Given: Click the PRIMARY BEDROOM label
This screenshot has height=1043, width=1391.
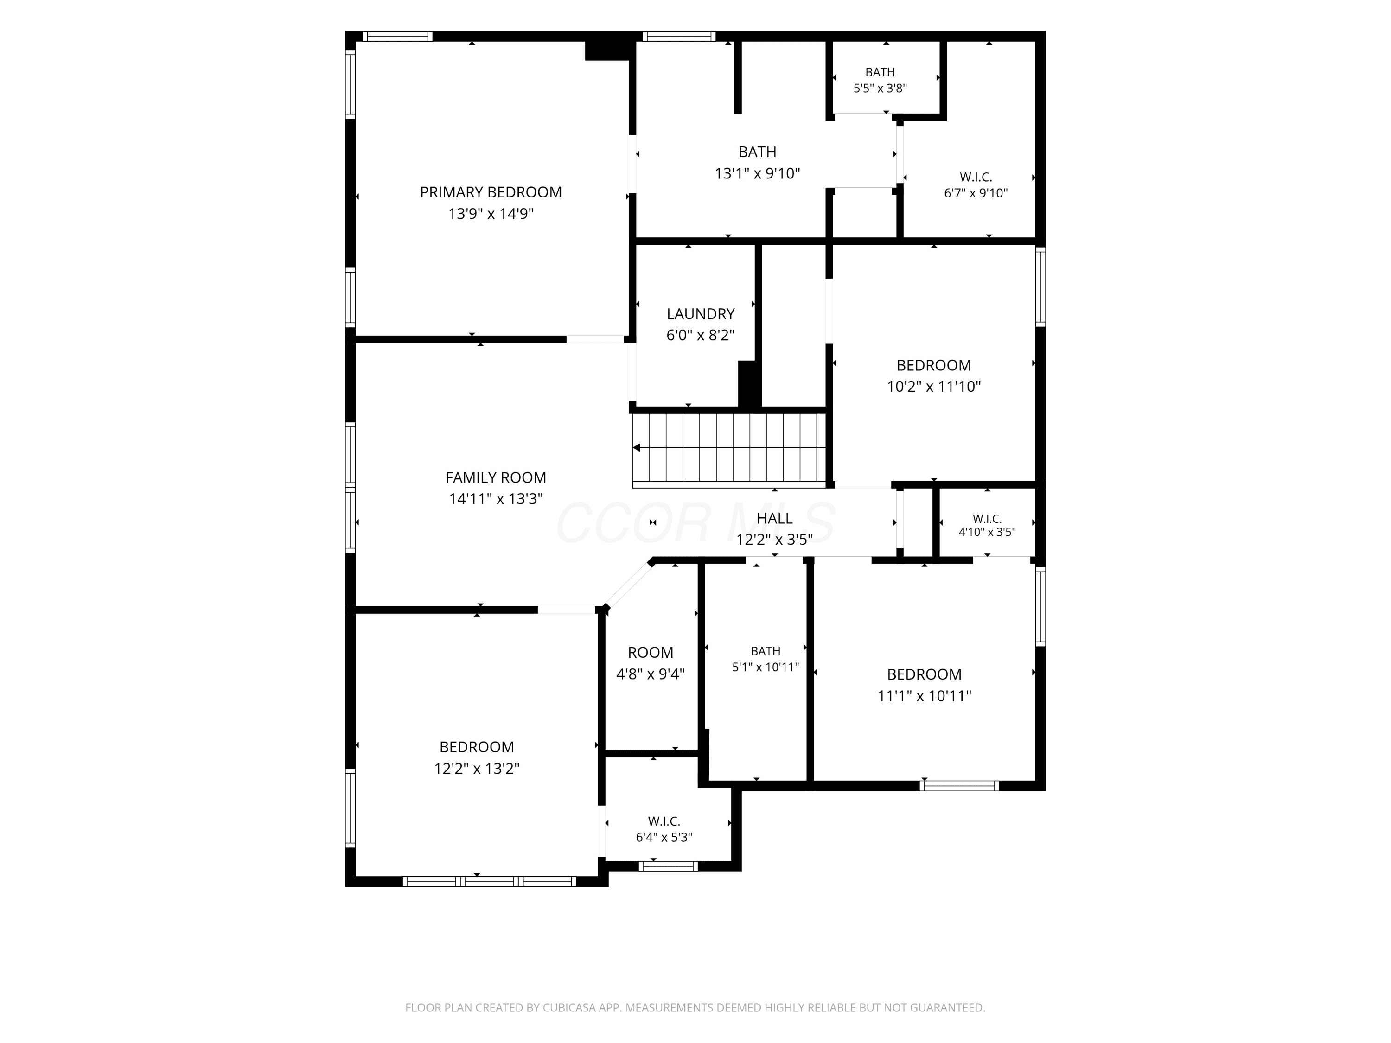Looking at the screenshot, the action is pyautogui.click(x=491, y=192).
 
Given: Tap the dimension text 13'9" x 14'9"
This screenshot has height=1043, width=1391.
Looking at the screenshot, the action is pyautogui.click(x=491, y=214).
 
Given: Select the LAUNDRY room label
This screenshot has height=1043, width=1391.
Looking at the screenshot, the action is pyautogui.click(x=701, y=314).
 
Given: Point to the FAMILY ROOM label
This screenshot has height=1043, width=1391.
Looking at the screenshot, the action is pyautogui.click(x=496, y=478).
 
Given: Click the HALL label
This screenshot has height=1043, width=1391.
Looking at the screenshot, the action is pyautogui.click(x=775, y=518).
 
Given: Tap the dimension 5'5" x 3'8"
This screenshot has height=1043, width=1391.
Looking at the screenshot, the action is pyautogui.click(x=880, y=89).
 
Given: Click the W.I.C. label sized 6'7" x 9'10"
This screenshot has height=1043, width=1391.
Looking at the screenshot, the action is pyautogui.click(x=976, y=177).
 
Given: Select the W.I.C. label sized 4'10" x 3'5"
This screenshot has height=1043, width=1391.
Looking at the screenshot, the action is pyautogui.click(x=987, y=519).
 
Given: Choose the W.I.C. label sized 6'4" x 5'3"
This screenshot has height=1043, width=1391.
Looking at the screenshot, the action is pyautogui.click(x=664, y=821).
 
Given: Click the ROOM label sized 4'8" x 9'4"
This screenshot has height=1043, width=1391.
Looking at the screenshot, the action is pyautogui.click(x=650, y=653).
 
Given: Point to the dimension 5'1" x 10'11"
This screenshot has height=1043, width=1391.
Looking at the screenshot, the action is pyautogui.click(x=766, y=667).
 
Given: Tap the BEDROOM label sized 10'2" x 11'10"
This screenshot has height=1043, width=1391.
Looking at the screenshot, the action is pyautogui.click(x=934, y=365).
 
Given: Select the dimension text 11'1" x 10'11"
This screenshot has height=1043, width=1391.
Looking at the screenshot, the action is pyautogui.click(x=925, y=696).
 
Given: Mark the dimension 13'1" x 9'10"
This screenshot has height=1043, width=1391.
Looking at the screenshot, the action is pyautogui.click(x=757, y=173).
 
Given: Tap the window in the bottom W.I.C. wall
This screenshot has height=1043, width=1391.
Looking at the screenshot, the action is pyautogui.click(x=669, y=866).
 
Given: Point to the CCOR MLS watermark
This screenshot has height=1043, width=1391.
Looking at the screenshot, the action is pyautogui.click(x=695, y=523).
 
